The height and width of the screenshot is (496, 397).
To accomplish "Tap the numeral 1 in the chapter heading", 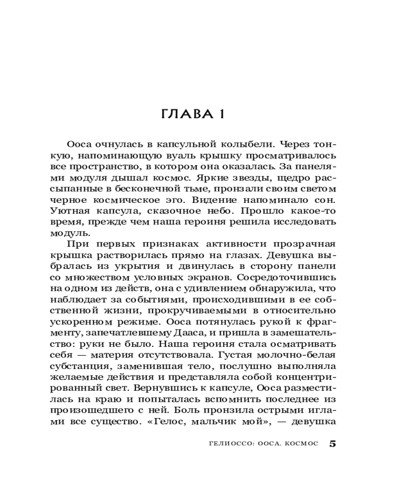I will click(221, 115).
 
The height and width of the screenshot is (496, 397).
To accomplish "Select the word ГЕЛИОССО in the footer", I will click(227, 444).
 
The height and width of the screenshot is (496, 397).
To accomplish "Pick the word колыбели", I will click(247, 145).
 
